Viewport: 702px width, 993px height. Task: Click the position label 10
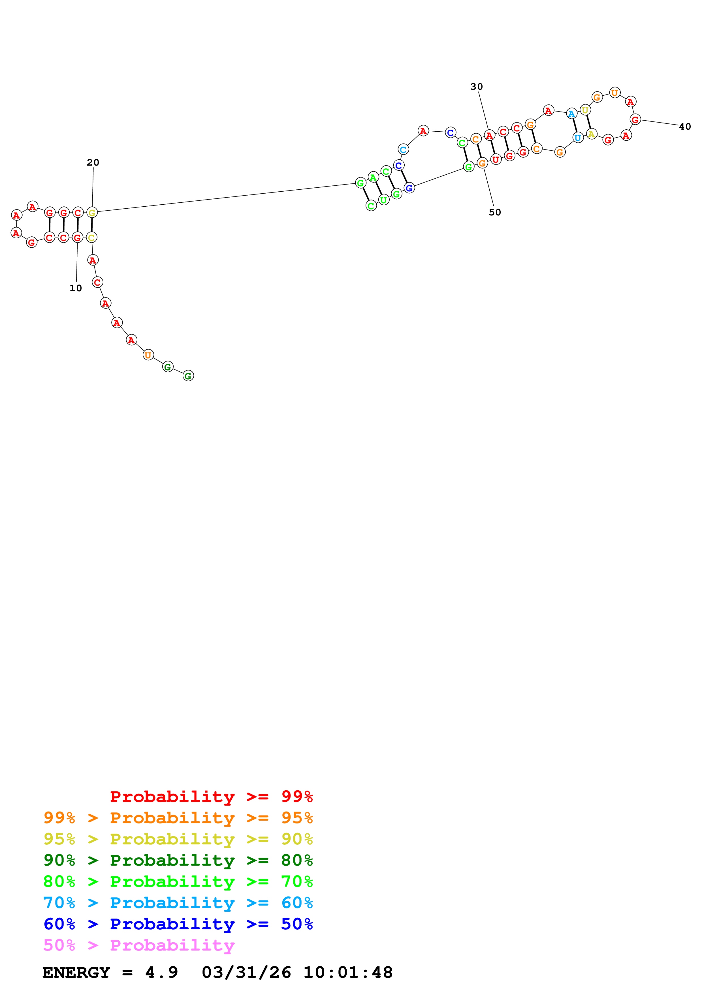coord(76,288)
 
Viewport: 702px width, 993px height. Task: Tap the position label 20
coord(93,162)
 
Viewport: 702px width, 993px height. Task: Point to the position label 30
coord(477,87)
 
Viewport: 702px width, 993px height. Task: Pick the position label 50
coord(495,212)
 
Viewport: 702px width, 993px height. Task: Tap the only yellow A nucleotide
coord(591,134)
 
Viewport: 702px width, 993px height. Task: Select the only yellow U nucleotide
coord(585,110)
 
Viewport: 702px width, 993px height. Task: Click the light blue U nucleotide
coord(577,138)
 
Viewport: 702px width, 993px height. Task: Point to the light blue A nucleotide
coord(571,114)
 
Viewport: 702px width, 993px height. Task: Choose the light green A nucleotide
coord(373,177)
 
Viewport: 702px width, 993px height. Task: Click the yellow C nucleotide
coord(91,237)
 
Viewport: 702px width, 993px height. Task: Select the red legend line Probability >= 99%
coord(211,796)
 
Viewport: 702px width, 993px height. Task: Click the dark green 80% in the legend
coord(297,860)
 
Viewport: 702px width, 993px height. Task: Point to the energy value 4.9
coord(161,972)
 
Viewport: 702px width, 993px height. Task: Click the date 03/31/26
coord(246,972)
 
